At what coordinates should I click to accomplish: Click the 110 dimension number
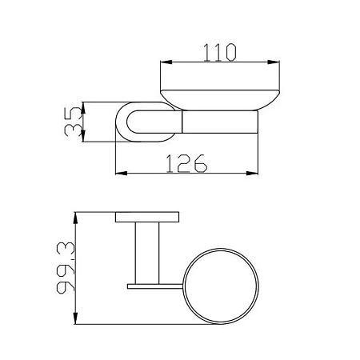[220, 53]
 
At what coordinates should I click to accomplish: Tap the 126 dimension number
[186, 163]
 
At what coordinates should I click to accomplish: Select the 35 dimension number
[73, 122]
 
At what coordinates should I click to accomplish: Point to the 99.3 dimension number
[66, 268]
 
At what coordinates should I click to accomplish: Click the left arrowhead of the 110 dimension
[166, 62]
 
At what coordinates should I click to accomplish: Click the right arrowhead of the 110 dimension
[274, 62]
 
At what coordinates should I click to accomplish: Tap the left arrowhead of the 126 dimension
[121, 174]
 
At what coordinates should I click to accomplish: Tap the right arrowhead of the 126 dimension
[252, 174]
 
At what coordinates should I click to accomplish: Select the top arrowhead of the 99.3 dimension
[76, 218]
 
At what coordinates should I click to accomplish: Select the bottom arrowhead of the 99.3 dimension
[76, 318]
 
